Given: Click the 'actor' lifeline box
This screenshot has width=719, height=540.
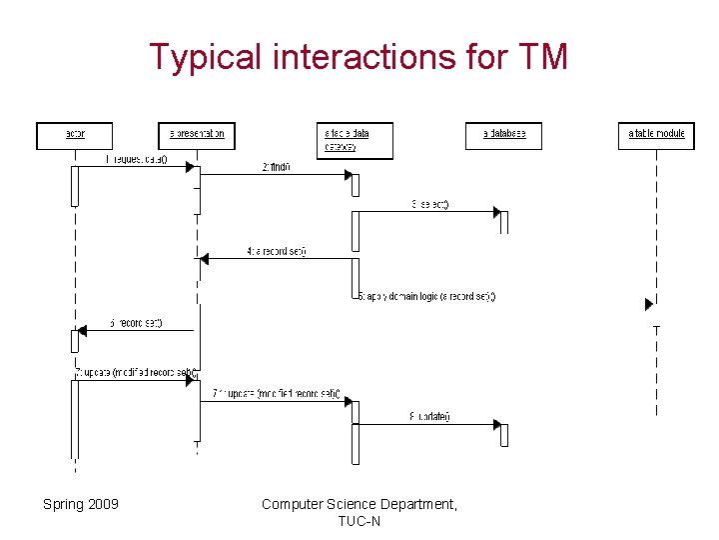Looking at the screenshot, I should [x=75, y=135].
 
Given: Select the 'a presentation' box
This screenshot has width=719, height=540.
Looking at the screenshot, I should [x=197, y=135].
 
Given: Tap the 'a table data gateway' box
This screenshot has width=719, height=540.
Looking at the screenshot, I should [x=355, y=140].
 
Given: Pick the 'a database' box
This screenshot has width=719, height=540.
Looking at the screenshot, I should [x=503, y=135].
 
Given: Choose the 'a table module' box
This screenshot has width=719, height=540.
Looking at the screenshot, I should [x=657, y=135].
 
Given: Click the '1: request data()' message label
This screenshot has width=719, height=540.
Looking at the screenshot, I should [x=137, y=159].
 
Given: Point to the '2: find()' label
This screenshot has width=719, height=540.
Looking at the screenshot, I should [x=277, y=167].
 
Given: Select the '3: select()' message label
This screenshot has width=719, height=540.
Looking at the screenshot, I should [x=430, y=204].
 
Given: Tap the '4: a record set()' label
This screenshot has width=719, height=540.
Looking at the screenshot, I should [x=277, y=251].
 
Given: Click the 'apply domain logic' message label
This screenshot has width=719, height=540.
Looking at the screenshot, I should [x=427, y=296].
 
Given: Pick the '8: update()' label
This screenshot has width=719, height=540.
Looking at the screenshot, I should [x=430, y=417].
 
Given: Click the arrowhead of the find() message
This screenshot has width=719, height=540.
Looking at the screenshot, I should [x=350, y=175].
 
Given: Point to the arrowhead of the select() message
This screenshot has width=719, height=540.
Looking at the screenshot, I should [x=495, y=211].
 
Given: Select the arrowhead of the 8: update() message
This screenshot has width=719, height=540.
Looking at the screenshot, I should [x=495, y=425].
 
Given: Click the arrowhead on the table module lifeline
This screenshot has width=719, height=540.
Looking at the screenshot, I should [x=649, y=304].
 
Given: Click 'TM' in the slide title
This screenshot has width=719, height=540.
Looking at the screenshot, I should [x=543, y=57].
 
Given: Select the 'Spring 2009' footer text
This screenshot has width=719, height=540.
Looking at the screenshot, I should [x=81, y=504].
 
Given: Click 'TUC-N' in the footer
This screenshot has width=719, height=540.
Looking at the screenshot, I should [x=359, y=521].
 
